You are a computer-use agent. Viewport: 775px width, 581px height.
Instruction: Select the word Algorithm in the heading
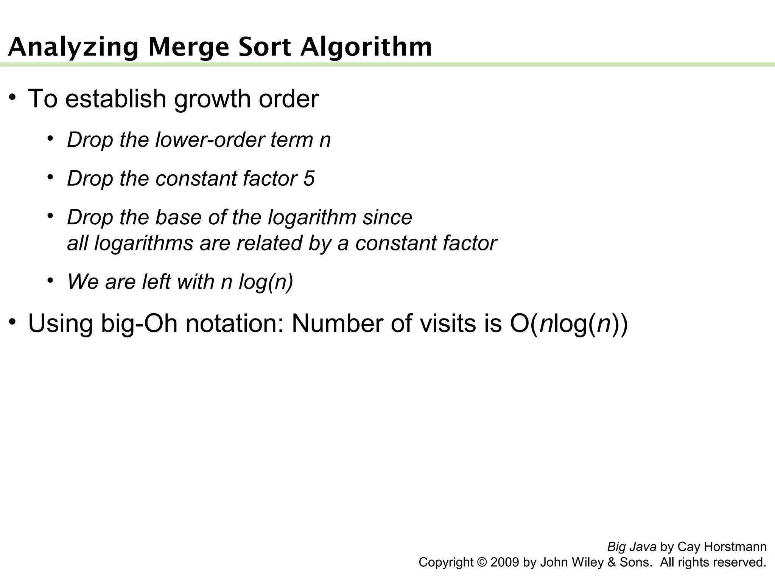[x=366, y=47]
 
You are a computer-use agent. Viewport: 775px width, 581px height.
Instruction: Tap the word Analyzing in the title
[x=73, y=47]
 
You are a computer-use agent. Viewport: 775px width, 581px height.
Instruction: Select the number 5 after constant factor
[x=309, y=178]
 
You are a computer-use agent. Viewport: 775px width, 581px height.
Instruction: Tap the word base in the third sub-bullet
[x=174, y=217]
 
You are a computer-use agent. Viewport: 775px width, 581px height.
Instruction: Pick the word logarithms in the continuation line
[x=143, y=243]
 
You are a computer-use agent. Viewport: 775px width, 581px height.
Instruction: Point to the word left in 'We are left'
[x=156, y=281]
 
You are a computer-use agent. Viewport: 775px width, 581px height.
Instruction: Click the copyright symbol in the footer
[x=482, y=562]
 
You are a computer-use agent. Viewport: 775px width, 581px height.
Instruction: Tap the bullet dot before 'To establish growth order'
[x=13, y=98]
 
